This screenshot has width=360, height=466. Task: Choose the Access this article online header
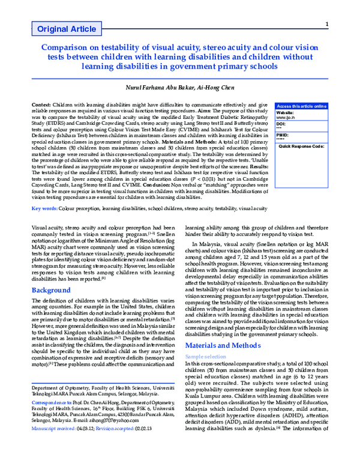click(302, 106)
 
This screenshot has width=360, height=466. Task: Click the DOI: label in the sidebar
click(281, 123)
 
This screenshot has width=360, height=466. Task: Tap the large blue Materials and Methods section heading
click(223, 346)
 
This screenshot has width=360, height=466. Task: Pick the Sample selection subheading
click(205, 356)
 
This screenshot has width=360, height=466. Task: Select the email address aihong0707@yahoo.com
click(122, 438)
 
